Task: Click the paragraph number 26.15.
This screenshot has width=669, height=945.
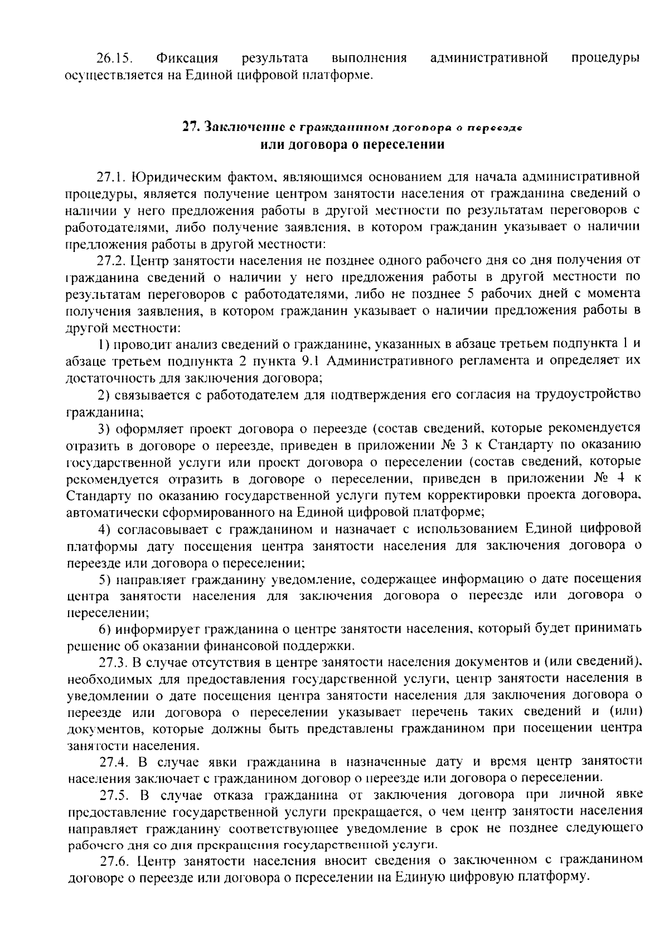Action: click(113, 58)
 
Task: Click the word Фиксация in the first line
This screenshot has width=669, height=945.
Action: click(187, 58)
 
